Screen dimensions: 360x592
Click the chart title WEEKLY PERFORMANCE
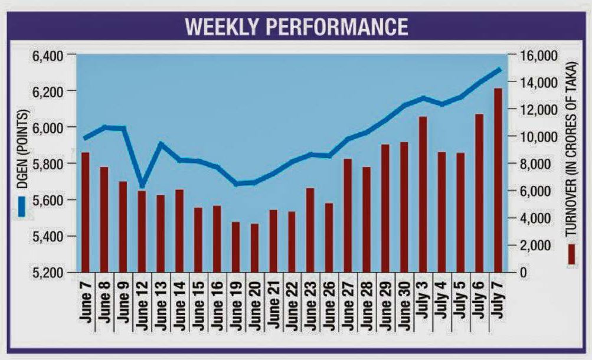[296, 27]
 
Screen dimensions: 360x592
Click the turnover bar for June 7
[86, 212]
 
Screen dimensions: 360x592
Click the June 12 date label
[142, 305]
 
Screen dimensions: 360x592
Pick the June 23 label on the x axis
[310, 305]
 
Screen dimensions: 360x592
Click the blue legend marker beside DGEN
[21, 206]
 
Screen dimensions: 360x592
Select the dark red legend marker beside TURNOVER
[571, 254]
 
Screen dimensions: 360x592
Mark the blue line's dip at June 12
[141, 185]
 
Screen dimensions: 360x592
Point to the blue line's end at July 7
[500, 69]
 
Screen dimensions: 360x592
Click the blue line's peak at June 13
[160, 143]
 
